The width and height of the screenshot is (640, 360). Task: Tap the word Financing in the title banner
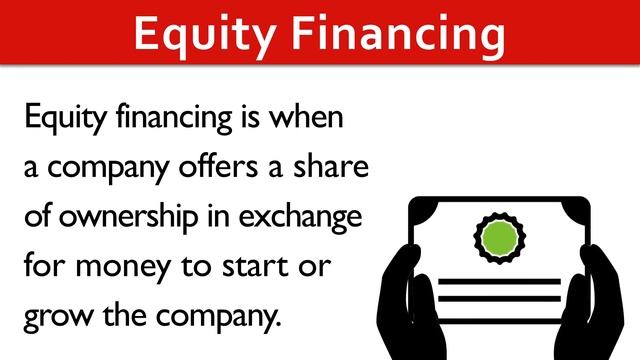(397, 33)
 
